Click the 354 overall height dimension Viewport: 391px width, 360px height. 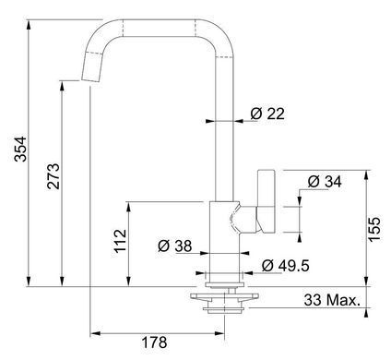[21, 150]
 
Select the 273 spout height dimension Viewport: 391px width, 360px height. [53, 176]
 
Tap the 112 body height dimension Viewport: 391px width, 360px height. [120, 241]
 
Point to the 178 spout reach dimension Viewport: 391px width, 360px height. [154, 342]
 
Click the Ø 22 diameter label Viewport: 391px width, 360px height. [267, 114]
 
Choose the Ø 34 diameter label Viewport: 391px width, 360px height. [325, 182]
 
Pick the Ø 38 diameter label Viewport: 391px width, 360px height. [175, 246]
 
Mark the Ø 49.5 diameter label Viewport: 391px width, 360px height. [286, 266]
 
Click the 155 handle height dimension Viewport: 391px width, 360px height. [374, 229]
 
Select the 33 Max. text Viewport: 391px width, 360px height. [332, 300]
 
